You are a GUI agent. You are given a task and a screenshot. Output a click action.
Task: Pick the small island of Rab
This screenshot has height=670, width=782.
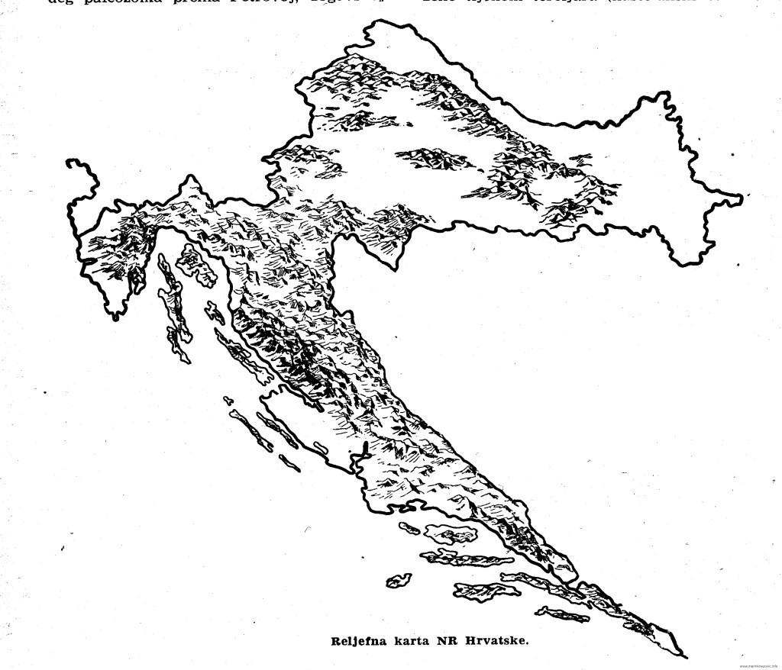pos(213,312)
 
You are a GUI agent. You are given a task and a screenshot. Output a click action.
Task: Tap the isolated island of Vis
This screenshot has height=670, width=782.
pos(397,581)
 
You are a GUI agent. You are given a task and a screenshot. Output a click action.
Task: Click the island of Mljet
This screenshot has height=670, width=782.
pos(562,612)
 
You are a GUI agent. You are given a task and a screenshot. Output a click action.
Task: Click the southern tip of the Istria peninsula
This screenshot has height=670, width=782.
pos(115,314)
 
